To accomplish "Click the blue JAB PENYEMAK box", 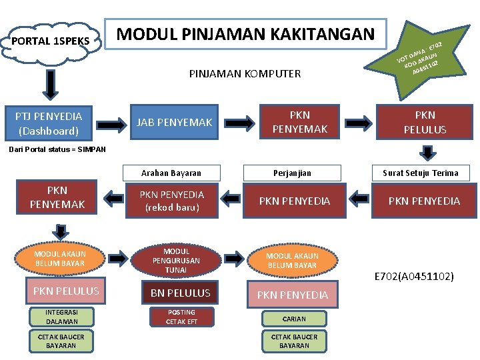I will click(175, 122).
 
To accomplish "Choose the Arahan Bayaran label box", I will click(171, 173).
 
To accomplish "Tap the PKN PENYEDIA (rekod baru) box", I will click(171, 201).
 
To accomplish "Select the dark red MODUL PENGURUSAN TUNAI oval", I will click(176, 261).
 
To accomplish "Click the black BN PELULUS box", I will click(180, 293).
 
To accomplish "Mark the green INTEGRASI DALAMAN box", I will click(61, 317).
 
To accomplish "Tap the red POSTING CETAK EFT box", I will click(181, 317).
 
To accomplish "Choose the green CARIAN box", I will click(294, 319).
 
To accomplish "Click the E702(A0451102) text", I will click(414, 275).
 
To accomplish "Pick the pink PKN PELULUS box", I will click(65, 291).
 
